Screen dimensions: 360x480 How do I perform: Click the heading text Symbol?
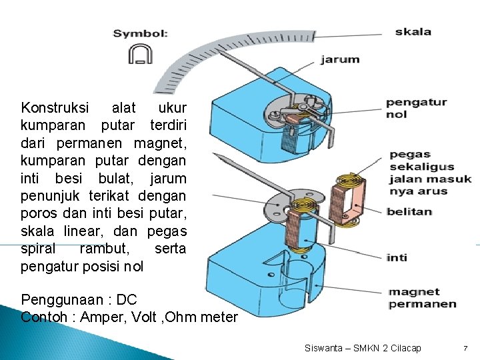(140, 33)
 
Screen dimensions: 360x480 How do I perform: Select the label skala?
(413, 31)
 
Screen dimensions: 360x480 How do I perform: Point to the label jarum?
(340, 59)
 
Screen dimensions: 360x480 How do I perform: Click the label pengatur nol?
(416, 108)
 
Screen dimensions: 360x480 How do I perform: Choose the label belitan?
(409, 212)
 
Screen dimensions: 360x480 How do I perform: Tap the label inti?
(397, 257)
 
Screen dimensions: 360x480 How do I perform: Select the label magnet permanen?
(422, 298)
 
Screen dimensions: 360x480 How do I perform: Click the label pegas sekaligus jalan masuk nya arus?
(429, 173)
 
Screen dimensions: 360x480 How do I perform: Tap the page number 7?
(466, 348)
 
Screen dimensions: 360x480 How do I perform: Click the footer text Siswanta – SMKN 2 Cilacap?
(363, 348)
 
